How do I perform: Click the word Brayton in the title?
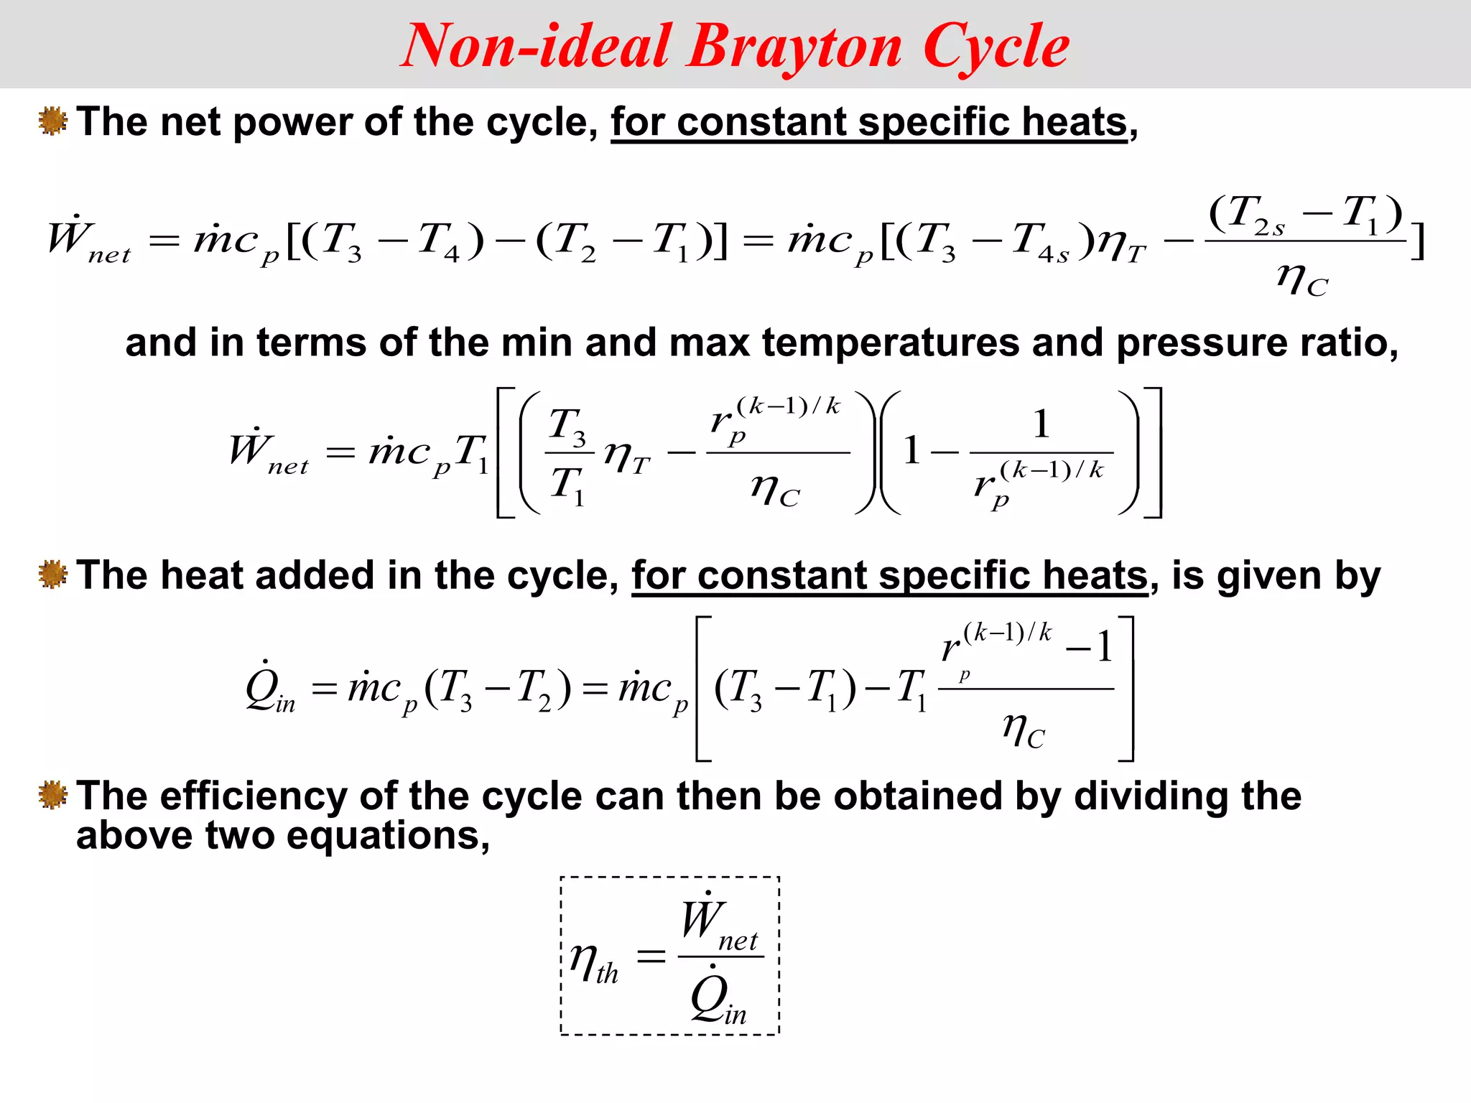pyautogui.click(x=794, y=47)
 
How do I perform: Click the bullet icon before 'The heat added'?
pyautogui.click(x=52, y=574)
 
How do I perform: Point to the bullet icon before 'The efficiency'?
pyautogui.click(x=52, y=795)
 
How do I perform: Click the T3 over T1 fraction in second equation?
pyautogui.click(x=568, y=453)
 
